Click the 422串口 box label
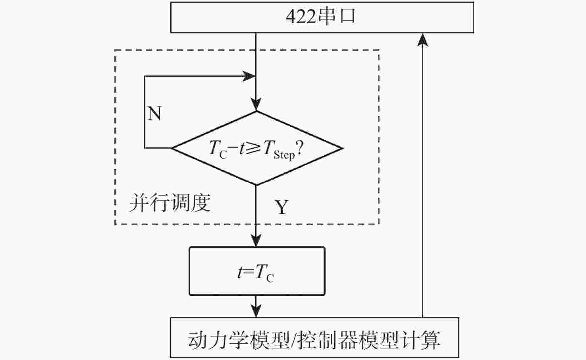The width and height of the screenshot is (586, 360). tap(320, 17)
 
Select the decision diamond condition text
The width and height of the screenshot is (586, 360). tap(256, 149)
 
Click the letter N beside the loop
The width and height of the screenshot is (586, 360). tap(154, 114)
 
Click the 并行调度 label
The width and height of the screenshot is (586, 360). tap(170, 203)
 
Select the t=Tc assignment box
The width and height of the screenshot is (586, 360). tap(256, 271)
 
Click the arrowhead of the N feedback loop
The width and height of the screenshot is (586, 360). tap(249, 76)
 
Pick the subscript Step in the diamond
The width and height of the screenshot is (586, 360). tap(284, 155)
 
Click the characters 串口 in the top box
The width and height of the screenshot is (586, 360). tap(337, 17)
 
